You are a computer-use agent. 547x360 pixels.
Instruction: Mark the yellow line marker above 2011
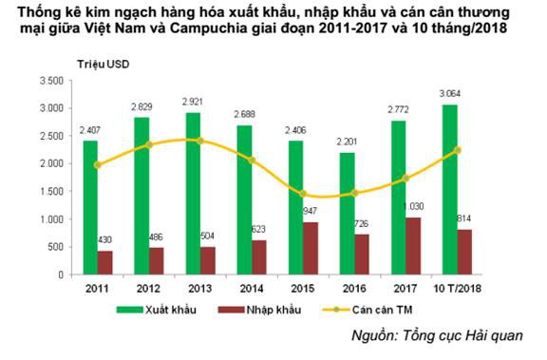pos(97,165)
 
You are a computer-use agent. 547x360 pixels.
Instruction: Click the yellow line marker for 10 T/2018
pos(458,149)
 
